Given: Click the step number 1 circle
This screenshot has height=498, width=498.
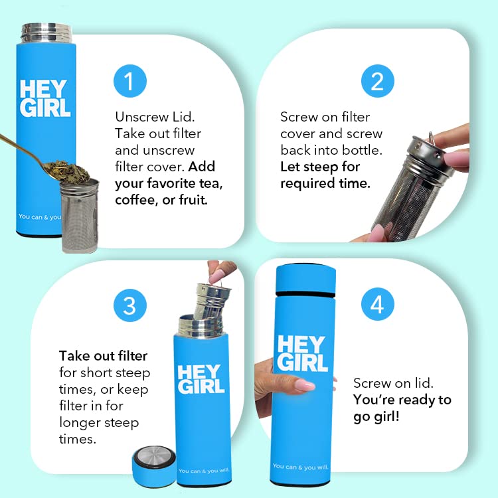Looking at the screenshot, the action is (130, 81).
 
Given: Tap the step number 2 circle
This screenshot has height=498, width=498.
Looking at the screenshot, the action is (377, 81).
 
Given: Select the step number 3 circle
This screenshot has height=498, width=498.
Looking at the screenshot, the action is (130, 305).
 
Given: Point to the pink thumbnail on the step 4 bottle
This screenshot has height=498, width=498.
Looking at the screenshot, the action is (304, 385).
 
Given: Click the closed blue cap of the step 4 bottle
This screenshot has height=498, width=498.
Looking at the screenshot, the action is (305, 278).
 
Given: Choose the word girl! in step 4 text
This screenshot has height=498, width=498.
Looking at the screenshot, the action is (386, 416).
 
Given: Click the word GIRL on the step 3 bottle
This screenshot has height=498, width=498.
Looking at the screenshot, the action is (201, 386).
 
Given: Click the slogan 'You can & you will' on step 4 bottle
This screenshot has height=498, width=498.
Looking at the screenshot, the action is (300, 467).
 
